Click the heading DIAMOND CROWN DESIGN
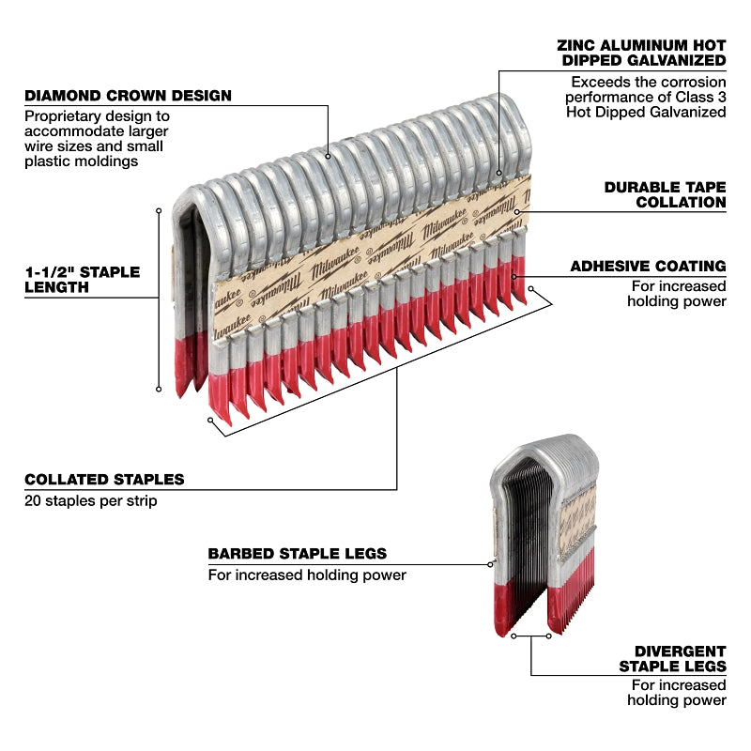pyautogui.click(x=128, y=96)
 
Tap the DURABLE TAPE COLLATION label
pyautogui.click(x=665, y=194)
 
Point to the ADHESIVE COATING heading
pyautogui.click(x=648, y=267)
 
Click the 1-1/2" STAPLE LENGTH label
pyautogui.click(x=82, y=279)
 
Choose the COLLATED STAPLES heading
pyautogui.click(x=104, y=480)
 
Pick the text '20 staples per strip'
pyautogui.click(x=90, y=501)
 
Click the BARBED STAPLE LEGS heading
pyautogui.click(x=297, y=554)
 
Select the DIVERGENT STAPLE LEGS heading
pyautogui.click(x=672, y=658)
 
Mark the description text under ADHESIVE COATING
pyautogui.click(x=676, y=293)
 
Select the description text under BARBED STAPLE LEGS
pyautogui.click(x=307, y=575)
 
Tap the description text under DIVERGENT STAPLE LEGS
pyautogui.click(x=678, y=692)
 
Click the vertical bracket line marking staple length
pyautogui.click(x=160, y=299)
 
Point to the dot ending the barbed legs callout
pyautogui.click(x=491, y=564)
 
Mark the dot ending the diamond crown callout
pyautogui.click(x=328, y=156)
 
